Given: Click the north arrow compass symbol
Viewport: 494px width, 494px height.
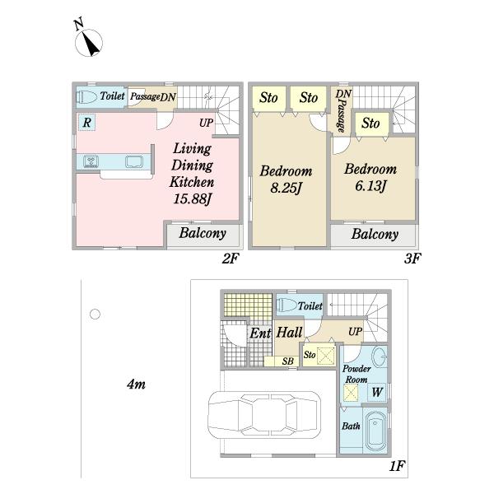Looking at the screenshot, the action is pos(89,43).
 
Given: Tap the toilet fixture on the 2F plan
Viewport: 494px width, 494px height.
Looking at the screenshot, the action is pos(86,96).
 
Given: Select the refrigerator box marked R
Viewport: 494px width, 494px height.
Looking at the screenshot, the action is pos(87,122).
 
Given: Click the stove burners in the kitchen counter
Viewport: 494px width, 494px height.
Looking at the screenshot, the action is pos(91,161).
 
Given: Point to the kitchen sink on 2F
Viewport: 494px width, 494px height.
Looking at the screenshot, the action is pos(134,161).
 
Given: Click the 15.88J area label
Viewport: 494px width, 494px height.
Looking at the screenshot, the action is pos(192,198).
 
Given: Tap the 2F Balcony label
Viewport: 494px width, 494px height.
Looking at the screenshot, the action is pos(203,233).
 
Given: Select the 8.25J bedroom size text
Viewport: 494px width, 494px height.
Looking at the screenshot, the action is pos(286,188).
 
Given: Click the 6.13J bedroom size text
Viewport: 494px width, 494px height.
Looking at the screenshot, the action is pos(370,186).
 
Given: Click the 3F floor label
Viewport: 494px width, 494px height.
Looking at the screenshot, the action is pos(412,259).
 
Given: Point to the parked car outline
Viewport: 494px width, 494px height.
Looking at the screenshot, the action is pos(264,415).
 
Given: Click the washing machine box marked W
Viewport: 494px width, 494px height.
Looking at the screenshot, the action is pos(377,392).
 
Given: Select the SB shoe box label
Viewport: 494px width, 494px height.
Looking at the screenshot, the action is pos(287,361).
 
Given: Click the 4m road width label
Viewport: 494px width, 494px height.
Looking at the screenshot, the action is pos(136,384).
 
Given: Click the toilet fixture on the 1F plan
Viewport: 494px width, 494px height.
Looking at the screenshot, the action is pos(286,305).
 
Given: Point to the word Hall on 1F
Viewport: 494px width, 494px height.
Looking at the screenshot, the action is pos(289,333).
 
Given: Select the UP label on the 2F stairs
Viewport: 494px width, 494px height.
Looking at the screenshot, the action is pos(207,123).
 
